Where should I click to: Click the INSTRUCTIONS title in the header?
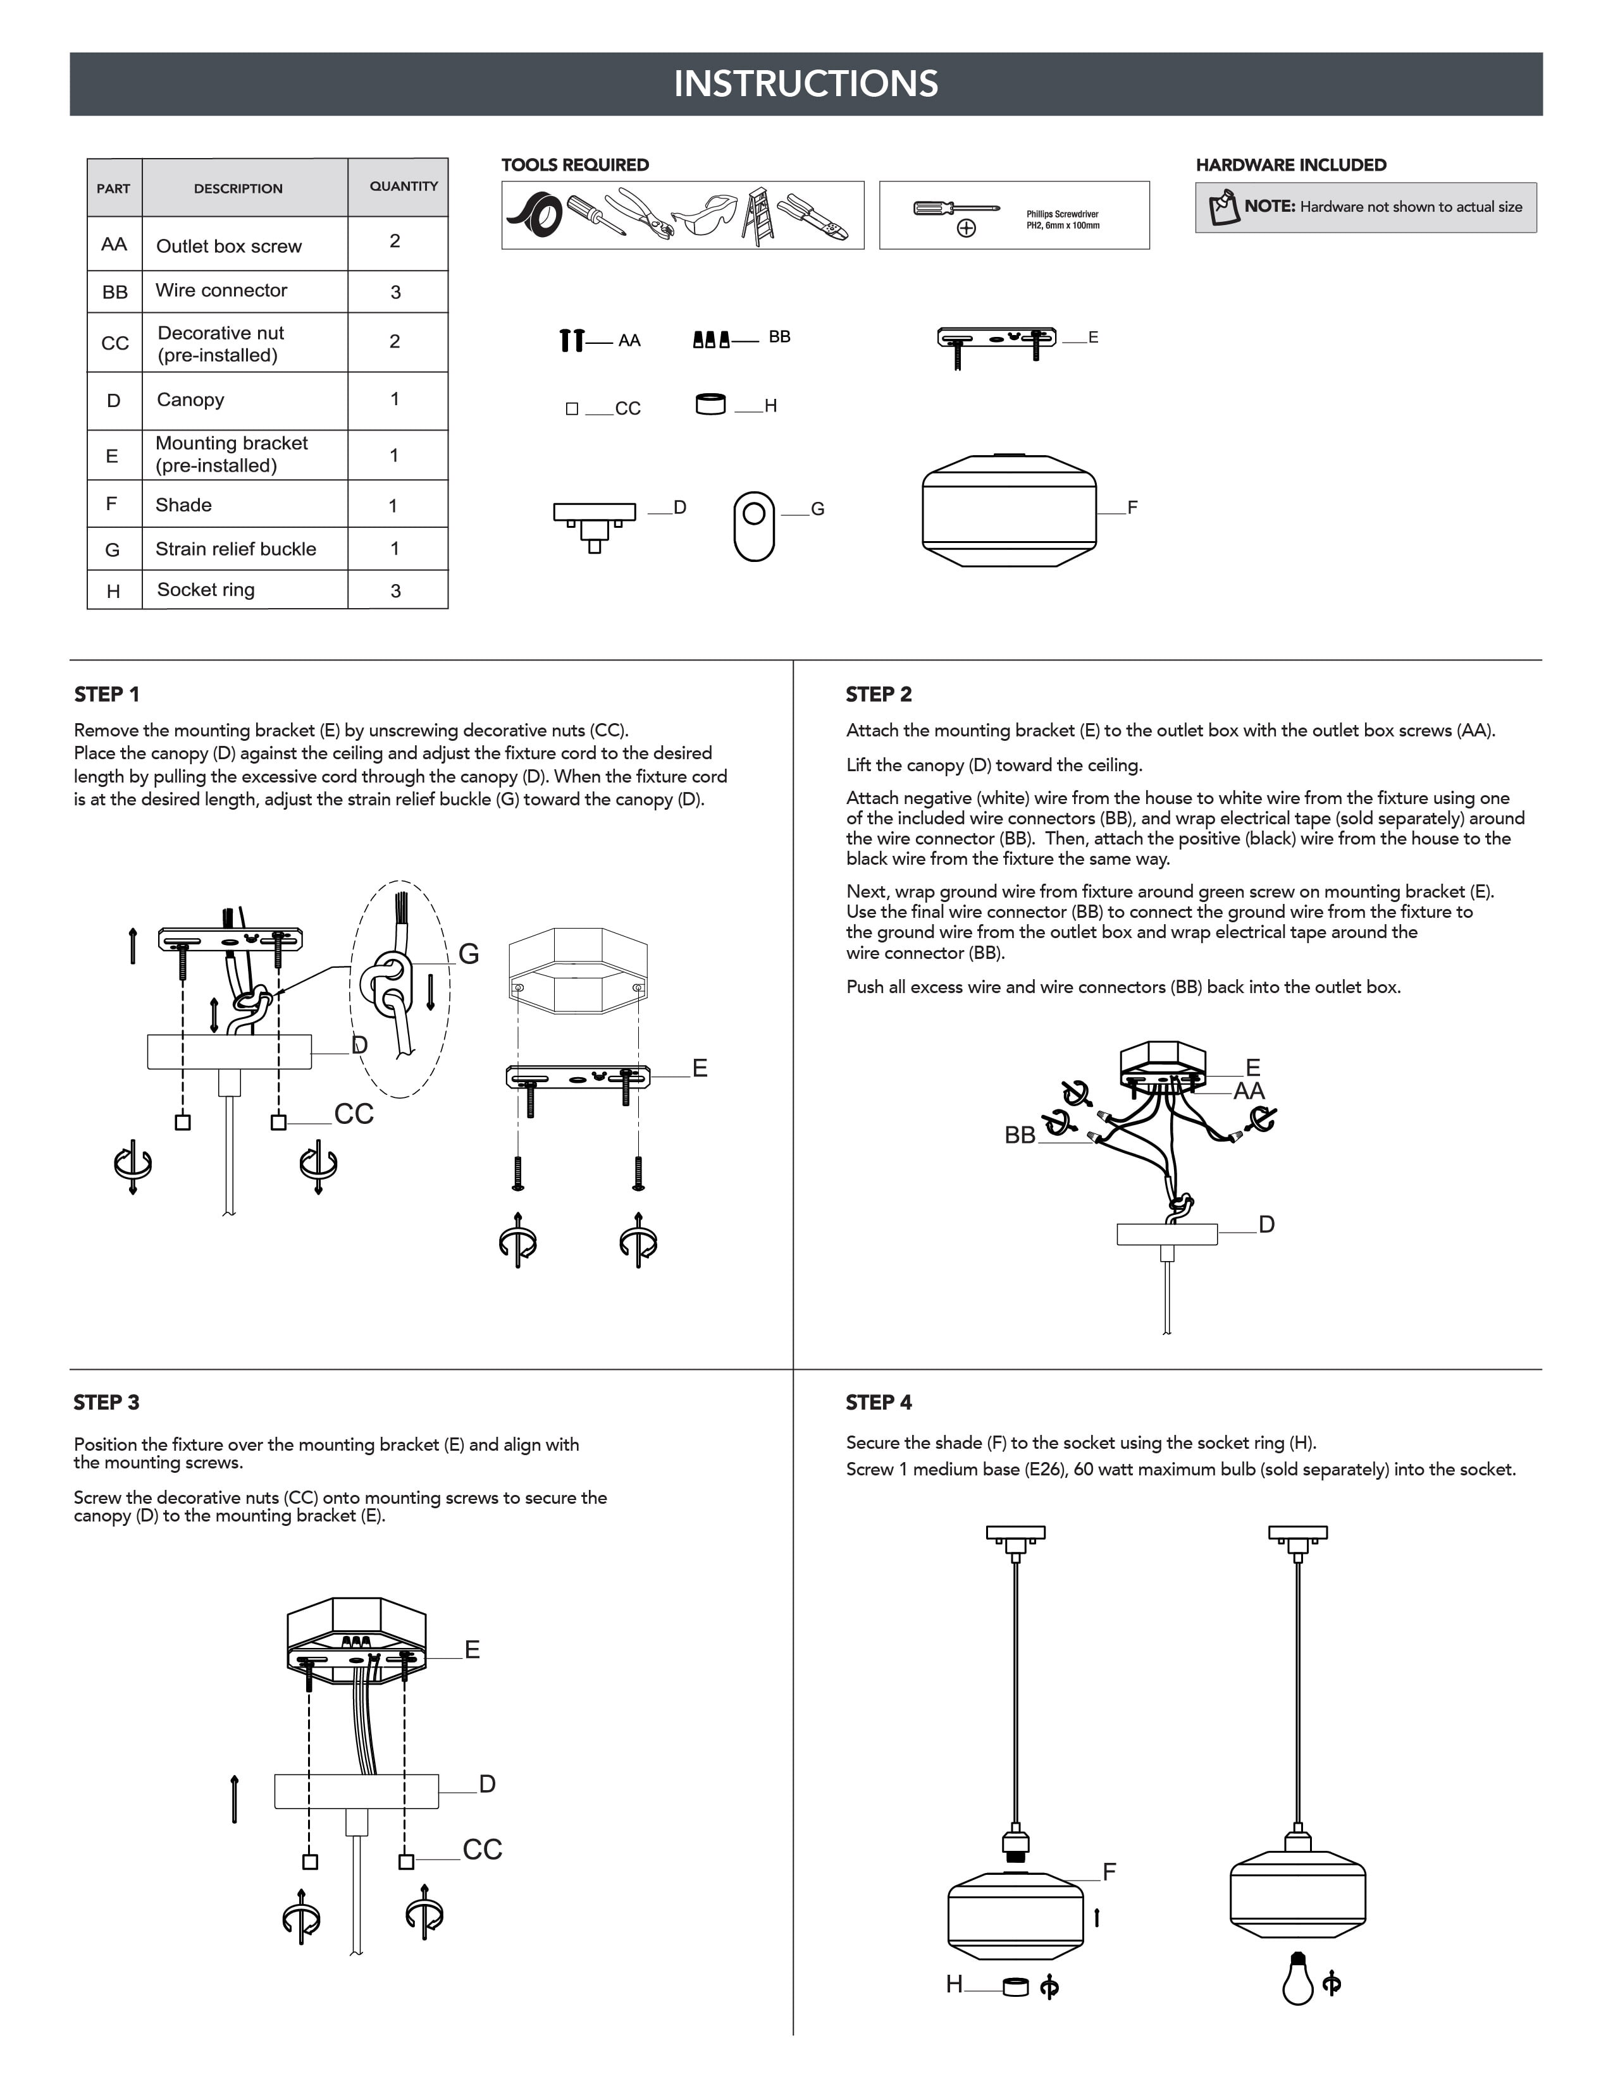805,84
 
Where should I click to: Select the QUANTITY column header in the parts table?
404,186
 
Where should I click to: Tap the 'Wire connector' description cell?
221,290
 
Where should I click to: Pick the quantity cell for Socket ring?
395,590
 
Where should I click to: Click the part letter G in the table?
113,549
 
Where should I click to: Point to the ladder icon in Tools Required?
758,216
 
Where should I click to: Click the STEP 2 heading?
878,694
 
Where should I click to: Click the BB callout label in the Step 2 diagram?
1020,1135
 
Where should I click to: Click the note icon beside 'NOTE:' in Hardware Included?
1223,207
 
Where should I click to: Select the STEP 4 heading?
878,1402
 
